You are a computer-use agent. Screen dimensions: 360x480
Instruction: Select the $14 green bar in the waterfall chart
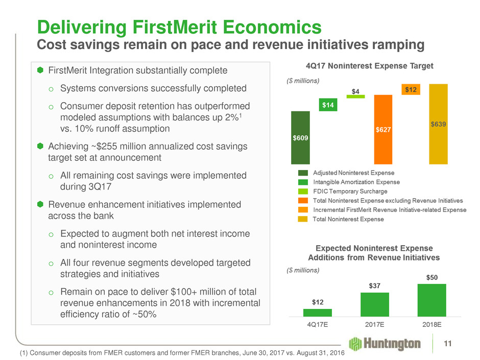329,105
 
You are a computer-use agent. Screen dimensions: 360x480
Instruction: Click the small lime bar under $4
356,96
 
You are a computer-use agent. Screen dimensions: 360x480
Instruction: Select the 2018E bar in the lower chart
431,300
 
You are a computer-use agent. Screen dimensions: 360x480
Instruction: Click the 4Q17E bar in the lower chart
317,313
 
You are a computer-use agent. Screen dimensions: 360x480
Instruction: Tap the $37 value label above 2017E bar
374,286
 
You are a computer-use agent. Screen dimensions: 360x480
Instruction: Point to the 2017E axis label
374,325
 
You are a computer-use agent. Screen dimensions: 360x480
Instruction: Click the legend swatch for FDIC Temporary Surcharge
303,191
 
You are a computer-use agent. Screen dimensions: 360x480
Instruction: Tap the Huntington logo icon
356,344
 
